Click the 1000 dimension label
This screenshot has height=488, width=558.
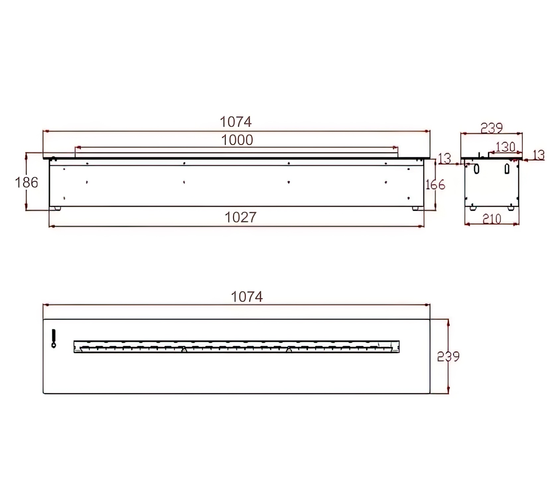coord(237,140)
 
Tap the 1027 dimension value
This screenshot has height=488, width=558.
coord(241,217)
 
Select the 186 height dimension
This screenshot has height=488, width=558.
coord(27,182)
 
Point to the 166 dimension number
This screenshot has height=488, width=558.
coord(435,185)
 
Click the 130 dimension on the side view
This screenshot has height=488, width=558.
coord(506,147)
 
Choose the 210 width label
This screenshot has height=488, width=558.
coord(492,219)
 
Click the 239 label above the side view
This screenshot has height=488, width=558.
coord(492,128)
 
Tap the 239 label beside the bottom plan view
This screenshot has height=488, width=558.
coord(448,356)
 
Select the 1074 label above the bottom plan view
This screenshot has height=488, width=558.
coord(247,297)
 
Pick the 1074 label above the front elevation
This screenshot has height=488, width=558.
coord(236,122)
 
